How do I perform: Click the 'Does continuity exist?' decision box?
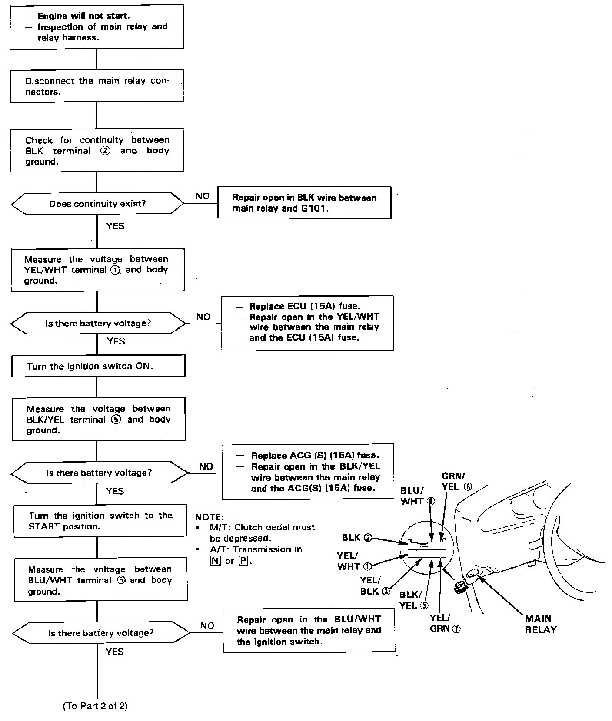point(97,204)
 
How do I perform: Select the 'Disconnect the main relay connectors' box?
point(97,86)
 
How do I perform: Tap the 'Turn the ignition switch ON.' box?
point(98,366)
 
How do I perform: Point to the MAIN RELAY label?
point(540,624)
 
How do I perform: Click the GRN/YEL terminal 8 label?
point(456,481)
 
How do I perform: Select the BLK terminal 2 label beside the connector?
point(357,538)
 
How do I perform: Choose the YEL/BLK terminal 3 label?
point(374,586)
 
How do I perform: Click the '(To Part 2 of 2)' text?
point(96,706)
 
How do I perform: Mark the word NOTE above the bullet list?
point(209,517)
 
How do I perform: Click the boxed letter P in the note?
point(243,561)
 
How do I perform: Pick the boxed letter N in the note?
point(215,561)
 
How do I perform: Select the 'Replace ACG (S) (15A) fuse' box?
point(308,471)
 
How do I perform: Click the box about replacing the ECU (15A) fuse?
point(307,323)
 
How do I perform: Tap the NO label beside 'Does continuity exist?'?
point(203,196)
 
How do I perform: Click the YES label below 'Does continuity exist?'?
point(115,226)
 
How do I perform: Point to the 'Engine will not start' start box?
point(97,27)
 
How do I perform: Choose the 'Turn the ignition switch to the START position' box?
point(100,520)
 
